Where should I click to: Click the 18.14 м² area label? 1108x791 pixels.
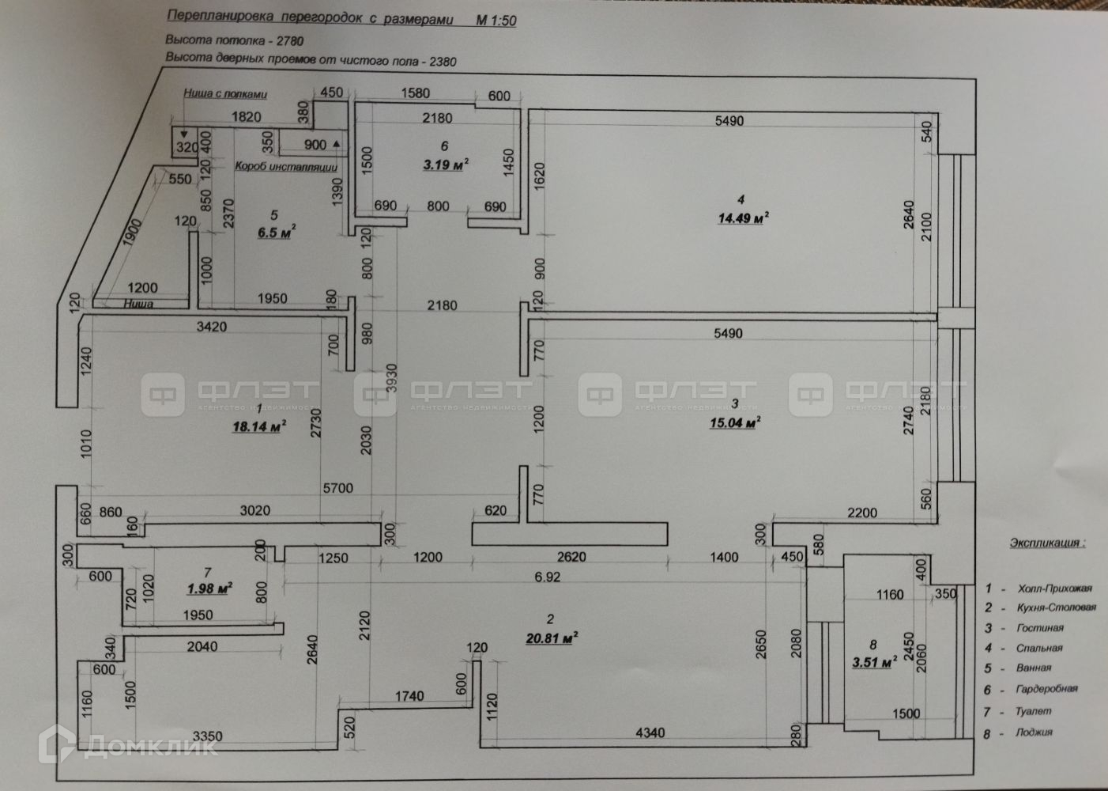[x=258, y=427]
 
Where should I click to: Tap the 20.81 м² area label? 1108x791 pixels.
[x=549, y=638]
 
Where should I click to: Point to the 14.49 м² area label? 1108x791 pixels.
[x=743, y=218]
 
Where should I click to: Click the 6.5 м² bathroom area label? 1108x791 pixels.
[x=276, y=233]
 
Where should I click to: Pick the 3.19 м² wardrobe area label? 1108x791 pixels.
[x=443, y=165]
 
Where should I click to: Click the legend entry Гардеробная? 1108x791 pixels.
[x=1046, y=689]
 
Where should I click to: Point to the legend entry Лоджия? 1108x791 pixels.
[x=1034, y=732]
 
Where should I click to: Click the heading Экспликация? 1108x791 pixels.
[x=1046, y=543]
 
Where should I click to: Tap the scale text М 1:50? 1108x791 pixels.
[x=495, y=21]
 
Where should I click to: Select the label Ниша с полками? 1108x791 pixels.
[x=225, y=93]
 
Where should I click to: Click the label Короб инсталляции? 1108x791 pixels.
[x=286, y=167]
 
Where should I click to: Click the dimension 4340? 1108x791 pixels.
[x=649, y=733]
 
